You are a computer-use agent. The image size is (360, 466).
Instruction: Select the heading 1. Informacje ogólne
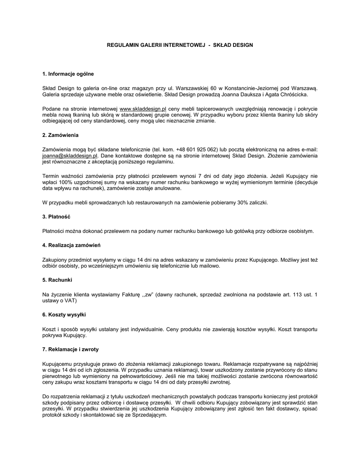click(x=68, y=74)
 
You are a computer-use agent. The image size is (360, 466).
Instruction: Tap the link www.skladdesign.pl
click(x=142, y=110)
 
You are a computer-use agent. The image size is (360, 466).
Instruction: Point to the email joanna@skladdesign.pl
click(x=70, y=156)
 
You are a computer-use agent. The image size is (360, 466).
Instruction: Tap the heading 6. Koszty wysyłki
click(x=64, y=314)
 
